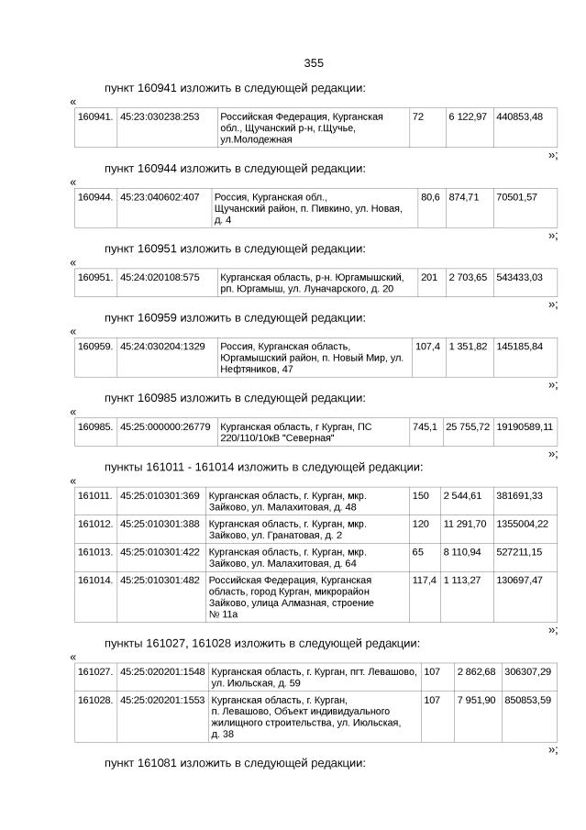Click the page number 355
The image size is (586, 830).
[x=314, y=63]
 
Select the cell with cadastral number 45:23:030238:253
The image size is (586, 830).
[x=160, y=116]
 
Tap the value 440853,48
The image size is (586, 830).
[x=519, y=116]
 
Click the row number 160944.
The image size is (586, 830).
[x=94, y=197]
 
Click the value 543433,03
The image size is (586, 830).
[x=519, y=277]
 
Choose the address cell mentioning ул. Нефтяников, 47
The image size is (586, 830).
[x=312, y=358]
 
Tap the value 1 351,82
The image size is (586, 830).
[x=468, y=346]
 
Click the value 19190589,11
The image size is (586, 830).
[x=525, y=426]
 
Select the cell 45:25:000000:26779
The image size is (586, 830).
[x=165, y=426]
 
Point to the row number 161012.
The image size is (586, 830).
[x=94, y=524]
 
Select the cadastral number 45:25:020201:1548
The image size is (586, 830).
[x=162, y=672]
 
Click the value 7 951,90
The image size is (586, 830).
[x=476, y=701]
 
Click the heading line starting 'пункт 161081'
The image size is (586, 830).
[x=235, y=763]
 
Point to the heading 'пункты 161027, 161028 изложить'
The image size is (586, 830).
[x=262, y=643]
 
